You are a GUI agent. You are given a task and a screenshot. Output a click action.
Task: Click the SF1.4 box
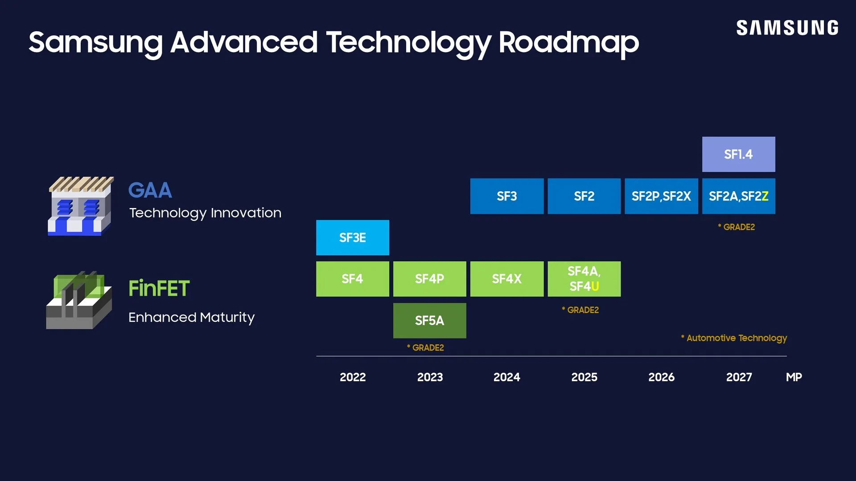click(x=738, y=154)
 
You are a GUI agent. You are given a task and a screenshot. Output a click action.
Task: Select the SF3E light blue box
click(x=352, y=237)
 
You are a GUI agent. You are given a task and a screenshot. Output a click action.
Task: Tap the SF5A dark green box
click(x=429, y=320)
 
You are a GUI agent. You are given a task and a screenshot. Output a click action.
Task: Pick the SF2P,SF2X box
click(x=661, y=196)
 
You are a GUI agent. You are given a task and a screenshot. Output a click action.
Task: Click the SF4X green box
click(x=506, y=279)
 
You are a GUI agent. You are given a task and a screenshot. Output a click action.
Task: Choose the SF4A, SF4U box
click(x=584, y=279)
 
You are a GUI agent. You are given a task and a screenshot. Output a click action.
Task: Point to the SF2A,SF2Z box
click(x=738, y=196)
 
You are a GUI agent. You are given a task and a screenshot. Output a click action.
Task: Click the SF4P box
click(x=429, y=279)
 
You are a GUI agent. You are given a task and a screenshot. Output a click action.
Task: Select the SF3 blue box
click(x=506, y=196)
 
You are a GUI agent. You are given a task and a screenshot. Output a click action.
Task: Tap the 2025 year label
click(x=584, y=377)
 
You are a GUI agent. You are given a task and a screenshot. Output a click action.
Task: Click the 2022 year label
click(x=352, y=377)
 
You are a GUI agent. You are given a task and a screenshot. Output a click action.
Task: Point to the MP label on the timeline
click(x=794, y=377)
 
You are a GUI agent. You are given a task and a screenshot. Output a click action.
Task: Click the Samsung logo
click(x=787, y=28)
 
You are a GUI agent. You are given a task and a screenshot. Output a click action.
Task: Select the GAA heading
click(x=150, y=190)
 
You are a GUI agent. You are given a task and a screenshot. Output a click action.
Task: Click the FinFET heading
click(x=159, y=288)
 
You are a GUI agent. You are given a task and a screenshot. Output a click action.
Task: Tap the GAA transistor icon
click(x=80, y=206)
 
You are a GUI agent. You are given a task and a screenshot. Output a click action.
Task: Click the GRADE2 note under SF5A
click(x=425, y=348)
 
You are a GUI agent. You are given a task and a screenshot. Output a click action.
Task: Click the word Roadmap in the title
click(x=568, y=42)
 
